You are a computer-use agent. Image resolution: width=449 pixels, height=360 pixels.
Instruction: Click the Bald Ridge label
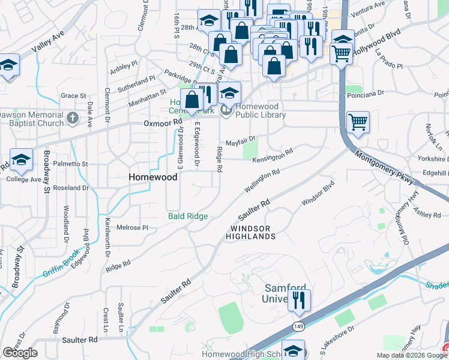[x=188, y=216]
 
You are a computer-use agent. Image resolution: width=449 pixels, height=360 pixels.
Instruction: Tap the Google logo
[x=20, y=353]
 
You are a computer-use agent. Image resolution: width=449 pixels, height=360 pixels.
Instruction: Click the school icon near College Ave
[x=20, y=160]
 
